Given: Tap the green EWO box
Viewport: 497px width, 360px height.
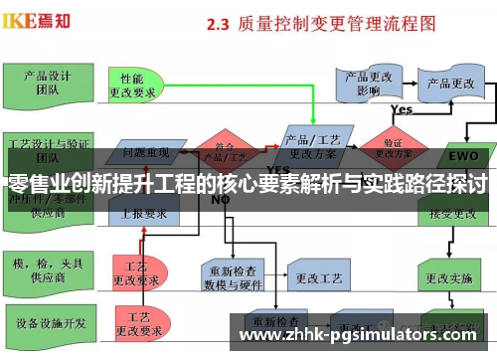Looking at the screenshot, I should pyautogui.click(x=463, y=156).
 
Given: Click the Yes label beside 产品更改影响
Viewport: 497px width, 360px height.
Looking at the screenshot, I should pyautogui.click(x=402, y=109).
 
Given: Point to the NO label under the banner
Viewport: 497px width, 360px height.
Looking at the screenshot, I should pyautogui.click(x=221, y=199).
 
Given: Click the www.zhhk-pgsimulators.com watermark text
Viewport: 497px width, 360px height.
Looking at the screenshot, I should pyautogui.click(x=363, y=332).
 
